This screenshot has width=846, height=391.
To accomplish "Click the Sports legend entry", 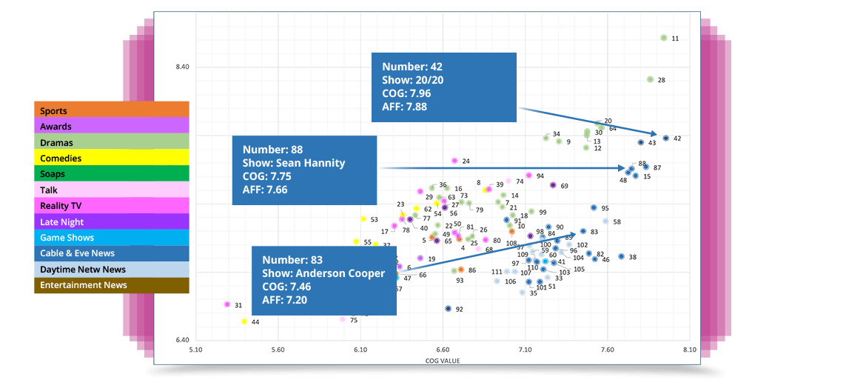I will (x=111, y=110).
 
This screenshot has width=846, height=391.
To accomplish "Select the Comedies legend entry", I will (x=111, y=158).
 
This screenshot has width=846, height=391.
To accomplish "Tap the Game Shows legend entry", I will (x=111, y=238).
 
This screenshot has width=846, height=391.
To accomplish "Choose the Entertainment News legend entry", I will (x=111, y=285).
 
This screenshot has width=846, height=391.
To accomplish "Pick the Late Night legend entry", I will (x=111, y=222).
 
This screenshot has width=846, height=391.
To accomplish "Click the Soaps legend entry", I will (x=111, y=174).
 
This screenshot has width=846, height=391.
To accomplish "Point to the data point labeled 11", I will (x=663, y=38).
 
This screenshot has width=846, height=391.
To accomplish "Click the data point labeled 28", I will (x=650, y=79).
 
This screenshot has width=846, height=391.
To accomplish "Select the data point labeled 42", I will (x=665, y=138).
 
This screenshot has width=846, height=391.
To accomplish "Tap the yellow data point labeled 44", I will (x=244, y=321).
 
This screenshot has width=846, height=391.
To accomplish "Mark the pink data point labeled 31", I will (x=227, y=304).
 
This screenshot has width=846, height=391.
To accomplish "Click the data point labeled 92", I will (x=448, y=308).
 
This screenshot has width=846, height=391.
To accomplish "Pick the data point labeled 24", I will (x=454, y=161).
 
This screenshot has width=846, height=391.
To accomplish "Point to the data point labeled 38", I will (x=621, y=256).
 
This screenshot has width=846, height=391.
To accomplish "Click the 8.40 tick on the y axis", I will (x=182, y=67).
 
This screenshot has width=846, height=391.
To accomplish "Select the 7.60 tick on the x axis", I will (x=607, y=349).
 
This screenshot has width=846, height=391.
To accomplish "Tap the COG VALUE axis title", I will (x=443, y=361).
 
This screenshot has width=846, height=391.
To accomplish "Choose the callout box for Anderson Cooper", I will (x=324, y=280).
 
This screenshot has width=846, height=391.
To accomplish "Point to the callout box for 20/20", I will (x=443, y=87).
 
